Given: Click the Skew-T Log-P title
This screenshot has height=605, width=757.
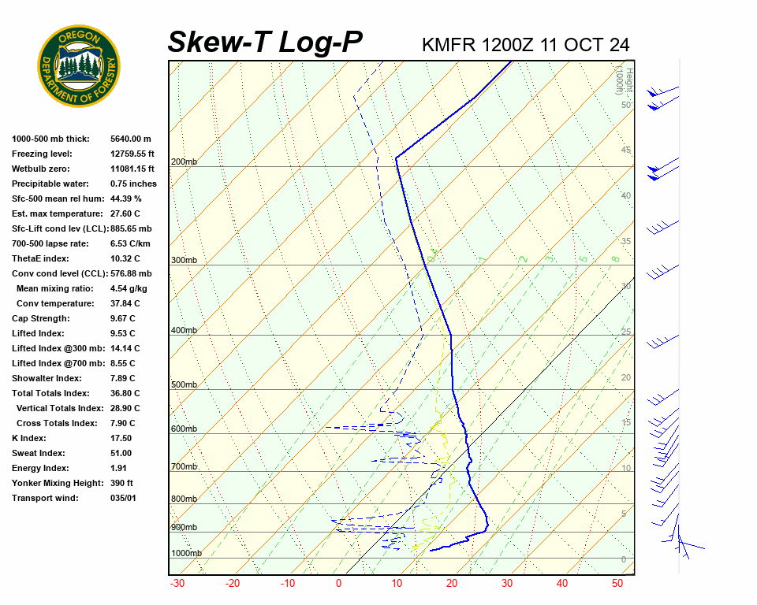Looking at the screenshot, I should [265, 42].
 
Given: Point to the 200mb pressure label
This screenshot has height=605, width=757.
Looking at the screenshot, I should [184, 162].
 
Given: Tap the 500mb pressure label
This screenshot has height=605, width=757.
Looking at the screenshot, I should [184, 385].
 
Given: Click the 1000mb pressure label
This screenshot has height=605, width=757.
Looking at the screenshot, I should [186, 554].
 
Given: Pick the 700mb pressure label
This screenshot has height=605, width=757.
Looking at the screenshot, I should [184, 467].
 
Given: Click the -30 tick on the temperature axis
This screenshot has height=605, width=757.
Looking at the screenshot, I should [177, 584].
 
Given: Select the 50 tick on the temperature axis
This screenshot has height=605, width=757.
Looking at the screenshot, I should [617, 584].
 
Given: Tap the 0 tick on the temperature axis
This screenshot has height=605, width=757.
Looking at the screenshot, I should [339, 584].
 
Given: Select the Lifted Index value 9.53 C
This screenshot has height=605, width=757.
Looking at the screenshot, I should [123, 333].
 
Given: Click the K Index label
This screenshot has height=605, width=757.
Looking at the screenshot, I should [29, 438].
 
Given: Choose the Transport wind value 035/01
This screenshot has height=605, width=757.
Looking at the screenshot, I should [124, 498].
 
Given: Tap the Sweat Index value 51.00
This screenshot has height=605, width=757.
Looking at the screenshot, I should [121, 453].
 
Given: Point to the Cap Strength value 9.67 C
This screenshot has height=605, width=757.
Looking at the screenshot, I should [123, 318].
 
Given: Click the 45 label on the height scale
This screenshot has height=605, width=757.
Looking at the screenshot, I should [626, 150].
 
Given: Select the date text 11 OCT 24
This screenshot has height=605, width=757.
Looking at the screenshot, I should [584, 45].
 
